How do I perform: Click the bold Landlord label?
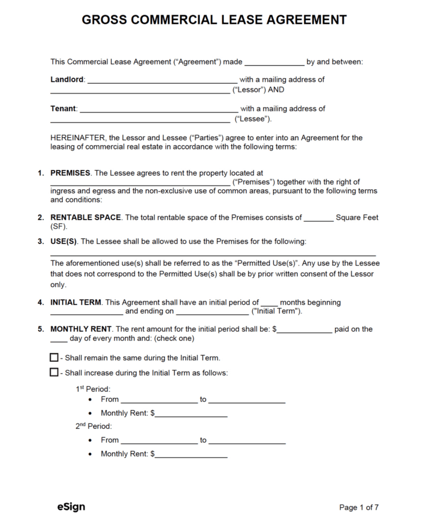coord(67,80)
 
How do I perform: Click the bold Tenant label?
coord(63,108)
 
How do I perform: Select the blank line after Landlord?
coord(162,82)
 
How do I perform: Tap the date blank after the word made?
coord(274,63)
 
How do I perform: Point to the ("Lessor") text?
coord(249,89)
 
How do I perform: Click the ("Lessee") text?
coord(252,119)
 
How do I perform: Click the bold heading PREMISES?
coord(70,173)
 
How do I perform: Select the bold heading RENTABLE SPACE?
coord(86,217)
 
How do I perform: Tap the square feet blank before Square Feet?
coord(318,219)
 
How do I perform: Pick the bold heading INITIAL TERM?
coord(76,302)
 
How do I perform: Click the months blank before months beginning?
coord(269,304)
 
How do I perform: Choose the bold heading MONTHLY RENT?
coord(80,329)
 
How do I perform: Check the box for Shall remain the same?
coord(54,357)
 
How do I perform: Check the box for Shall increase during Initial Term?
coord(54,372)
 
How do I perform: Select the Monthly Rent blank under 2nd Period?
coord(191,455)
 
